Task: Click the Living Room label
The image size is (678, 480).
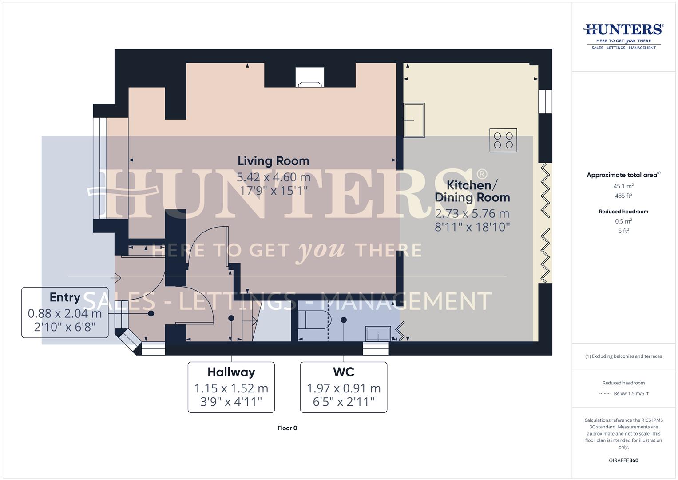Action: pyautogui.click(x=273, y=161)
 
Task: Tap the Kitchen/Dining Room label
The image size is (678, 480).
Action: pyautogui.click(x=472, y=191)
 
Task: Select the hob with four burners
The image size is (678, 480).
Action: pyautogui.click(x=503, y=140)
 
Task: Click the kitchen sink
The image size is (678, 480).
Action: pyautogui.click(x=414, y=120)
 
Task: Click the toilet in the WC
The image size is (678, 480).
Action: pyautogui.click(x=316, y=319)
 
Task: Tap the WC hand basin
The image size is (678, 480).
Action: pyautogui.click(x=378, y=333)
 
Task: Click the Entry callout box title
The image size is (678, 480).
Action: pyautogui.click(x=65, y=297)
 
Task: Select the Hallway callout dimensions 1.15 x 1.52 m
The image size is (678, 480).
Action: pyautogui.click(x=231, y=388)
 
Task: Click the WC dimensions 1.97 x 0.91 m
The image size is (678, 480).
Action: pyautogui.click(x=344, y=388)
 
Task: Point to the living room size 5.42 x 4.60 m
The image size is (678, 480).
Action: pyautogui.click(x=273, y=177)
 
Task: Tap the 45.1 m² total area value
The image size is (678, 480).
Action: pyautogui.click(x=623, y=186)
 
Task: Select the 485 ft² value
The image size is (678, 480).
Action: pyautogui.click(x=623, y=196)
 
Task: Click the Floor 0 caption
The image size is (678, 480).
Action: pyautogui.click(x=287, y=428)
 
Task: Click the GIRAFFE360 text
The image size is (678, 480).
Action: pyautogui.click(x=623, y=460)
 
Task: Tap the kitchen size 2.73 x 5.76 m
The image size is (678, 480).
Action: pyautogui.click(x=472, y=214)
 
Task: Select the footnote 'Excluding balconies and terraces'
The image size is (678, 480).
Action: pyautogui.click(x=623, y=356)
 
